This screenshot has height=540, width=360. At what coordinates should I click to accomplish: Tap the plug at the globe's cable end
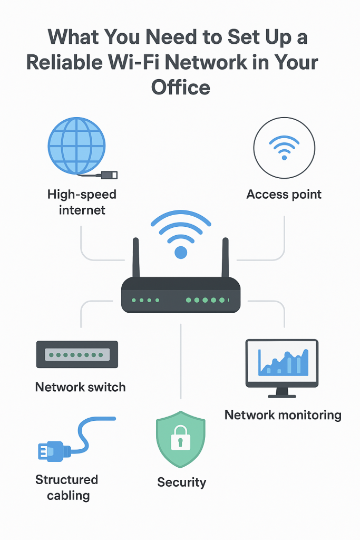pos(112,175)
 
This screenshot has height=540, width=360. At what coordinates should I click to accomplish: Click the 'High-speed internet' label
pos(82,202)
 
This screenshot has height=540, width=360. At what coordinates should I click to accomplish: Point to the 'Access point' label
pos(284,194)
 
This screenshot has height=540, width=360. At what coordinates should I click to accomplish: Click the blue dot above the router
pos(181,252)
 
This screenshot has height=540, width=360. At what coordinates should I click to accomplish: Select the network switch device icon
pos(77,354)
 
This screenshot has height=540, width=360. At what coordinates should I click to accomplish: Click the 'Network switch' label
pos(80,387)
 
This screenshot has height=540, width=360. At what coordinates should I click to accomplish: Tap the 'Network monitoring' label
pos(283,415)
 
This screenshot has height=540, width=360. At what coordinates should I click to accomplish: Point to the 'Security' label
pos(181,481)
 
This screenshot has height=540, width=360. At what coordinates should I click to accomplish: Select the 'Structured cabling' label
pos(67,487)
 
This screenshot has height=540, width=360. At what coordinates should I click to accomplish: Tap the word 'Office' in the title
pos(180,86)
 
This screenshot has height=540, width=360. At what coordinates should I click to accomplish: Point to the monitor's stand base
pos(282,394)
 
